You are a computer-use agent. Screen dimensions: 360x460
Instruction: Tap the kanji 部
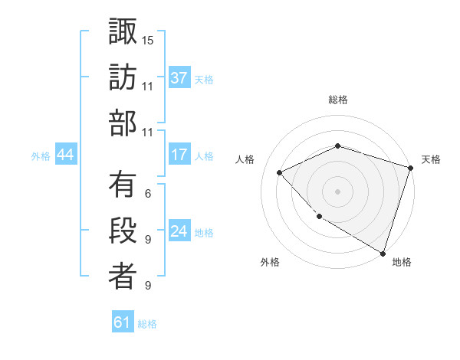(x=123, y=124)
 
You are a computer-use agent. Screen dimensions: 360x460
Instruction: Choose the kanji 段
(x=123, y=231)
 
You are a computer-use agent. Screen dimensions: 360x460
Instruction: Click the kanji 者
(x=123, y=277)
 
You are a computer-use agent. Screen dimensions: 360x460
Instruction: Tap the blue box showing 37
(x=179, y=77)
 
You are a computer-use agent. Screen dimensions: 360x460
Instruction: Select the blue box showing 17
(x=179, y=155)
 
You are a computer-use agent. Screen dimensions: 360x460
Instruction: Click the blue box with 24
(x=179, y=231)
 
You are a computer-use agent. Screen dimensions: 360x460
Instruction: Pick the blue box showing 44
(x=66, y=155)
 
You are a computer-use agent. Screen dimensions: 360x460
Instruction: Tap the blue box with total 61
(x=123, y=322)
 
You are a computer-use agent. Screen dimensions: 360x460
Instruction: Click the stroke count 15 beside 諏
(x=148, y=40)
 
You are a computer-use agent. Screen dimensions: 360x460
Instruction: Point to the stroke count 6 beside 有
(x=148, y=193)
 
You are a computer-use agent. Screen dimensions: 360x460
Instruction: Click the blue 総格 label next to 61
(x=147, y=324)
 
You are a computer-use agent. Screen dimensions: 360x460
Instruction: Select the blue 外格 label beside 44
(x=41, y=155)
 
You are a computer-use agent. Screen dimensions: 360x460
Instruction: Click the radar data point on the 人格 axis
(x=281, y=172)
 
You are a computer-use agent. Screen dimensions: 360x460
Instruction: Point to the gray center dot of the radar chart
(x=337, y=191)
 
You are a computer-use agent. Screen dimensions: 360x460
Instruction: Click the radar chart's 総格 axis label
(x=338, y=100)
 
